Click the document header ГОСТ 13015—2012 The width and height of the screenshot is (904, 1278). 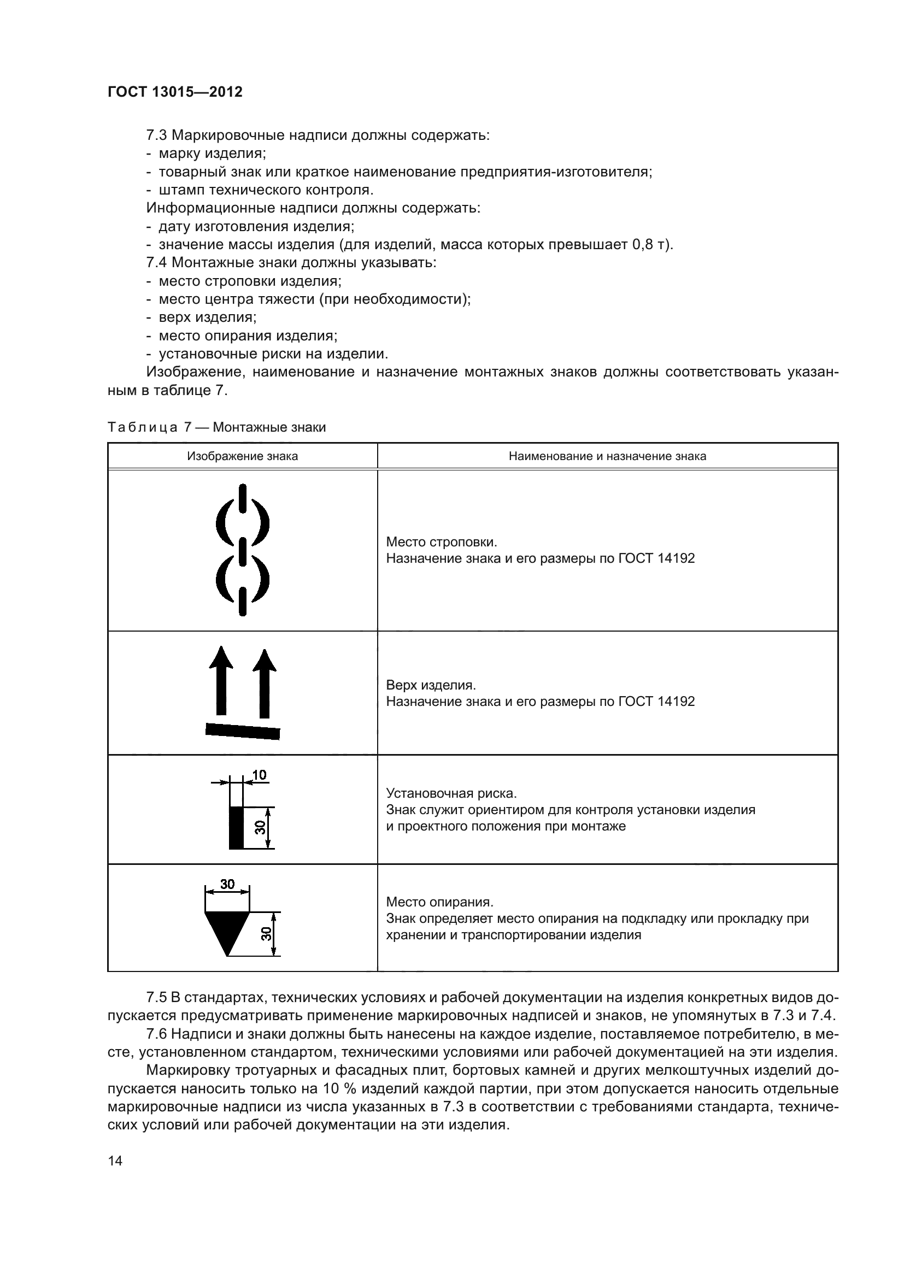pos(175,92)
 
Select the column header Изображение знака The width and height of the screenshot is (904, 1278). pos(242,456)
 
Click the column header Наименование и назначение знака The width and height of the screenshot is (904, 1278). pos(607,456)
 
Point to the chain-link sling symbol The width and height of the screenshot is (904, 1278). pos(243,550)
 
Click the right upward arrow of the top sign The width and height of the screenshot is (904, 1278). pos(265,683)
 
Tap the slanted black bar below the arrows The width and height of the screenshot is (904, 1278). pos(243,731)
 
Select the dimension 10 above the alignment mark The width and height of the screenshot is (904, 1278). pos(260,775)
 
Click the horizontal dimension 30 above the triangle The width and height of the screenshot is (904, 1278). pos(227,884)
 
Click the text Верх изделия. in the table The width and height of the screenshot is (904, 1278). pos(431,685)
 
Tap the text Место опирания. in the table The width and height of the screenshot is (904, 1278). pos(440,902)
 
